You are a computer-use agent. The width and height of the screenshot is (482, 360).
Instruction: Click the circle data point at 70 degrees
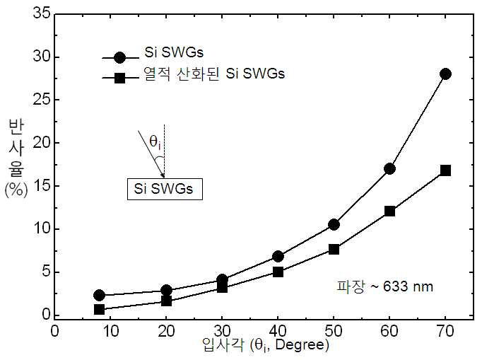point(445,74)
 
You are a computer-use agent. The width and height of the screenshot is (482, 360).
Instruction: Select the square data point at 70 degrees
point(445,170)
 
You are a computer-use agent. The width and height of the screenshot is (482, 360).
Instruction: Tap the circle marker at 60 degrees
point(389,168)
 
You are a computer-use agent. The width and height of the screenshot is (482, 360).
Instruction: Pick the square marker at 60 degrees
point(389,211)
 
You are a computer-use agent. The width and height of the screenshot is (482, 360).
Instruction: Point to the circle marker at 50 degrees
point(334,225)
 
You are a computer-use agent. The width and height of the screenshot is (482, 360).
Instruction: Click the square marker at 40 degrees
point(278,272)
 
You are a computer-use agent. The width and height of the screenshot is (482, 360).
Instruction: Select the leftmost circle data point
point(99,295)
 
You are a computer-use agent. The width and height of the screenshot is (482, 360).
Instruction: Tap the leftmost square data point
point(99,309)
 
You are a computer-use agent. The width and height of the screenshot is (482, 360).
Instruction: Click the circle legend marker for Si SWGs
point(119,57)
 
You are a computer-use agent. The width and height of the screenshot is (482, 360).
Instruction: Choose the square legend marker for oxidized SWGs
point(119,78)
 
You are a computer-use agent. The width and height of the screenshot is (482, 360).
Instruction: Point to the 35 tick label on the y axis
point(42,13)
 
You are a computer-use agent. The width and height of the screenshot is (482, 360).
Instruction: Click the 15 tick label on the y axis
point(42,186)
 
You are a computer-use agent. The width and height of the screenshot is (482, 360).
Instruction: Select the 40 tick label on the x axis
point(278,332)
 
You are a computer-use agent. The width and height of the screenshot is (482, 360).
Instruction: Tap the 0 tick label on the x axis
point(54,332)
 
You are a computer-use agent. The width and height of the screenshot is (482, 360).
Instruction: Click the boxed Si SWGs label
point(165,189)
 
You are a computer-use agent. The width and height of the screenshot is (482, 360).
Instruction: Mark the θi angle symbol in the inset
point(155,142)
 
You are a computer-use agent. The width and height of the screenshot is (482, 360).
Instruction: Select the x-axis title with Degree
point(265,346)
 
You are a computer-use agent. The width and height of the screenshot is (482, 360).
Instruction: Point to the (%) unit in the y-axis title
point(16,190)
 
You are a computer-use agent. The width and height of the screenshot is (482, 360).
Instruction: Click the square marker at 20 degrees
point(166,301)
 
